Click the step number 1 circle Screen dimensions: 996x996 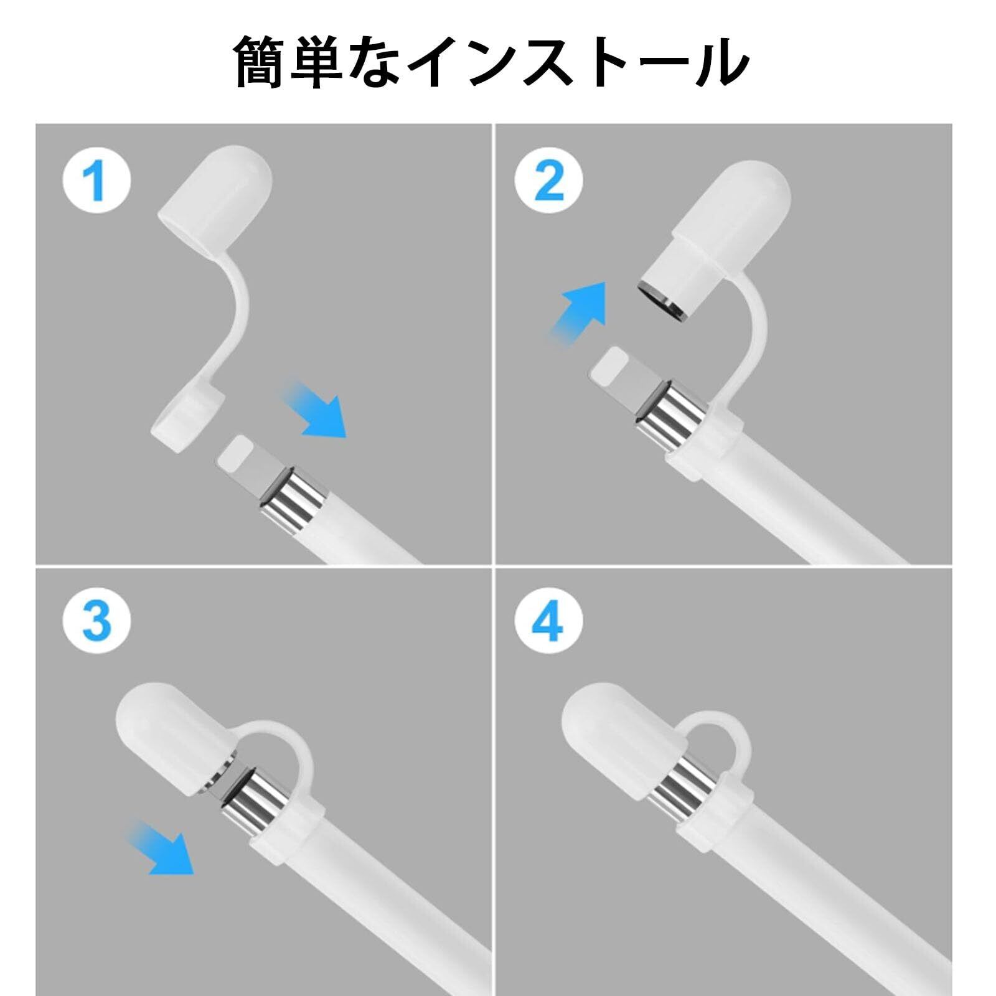(97, 180)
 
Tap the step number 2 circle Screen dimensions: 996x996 (548, 180)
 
